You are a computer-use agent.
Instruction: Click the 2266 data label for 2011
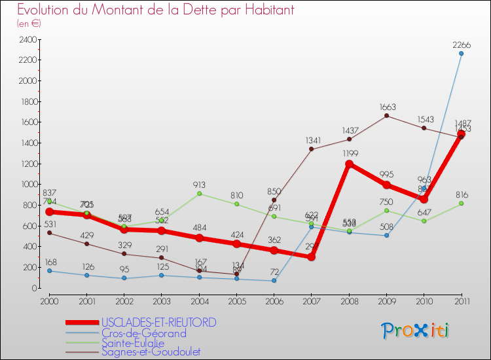pyautogui.click(x=461, y=45)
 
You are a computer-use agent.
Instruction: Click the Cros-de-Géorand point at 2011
pyautogui.click(x=461, y=54)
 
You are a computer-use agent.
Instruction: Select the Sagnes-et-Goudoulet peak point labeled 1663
pyautogui.click(x=386, y=116)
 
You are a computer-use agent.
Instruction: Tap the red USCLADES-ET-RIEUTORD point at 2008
pyautogui.click(x=349, y=164)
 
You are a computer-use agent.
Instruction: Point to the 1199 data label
pyautogui.click(x=349, y=154)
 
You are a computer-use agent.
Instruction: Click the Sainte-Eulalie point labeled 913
pyautogui.click(x=199, y=193)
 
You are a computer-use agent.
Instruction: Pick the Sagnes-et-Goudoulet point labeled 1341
pyautogui.click(x=312, y=149)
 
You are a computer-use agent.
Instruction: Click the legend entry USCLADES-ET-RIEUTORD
pyautogui.click(x=159, y=323)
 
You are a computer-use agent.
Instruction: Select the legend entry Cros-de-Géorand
pyautogui.click(x=144, y=333)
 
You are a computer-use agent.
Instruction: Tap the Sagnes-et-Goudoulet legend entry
pyautogui.click(x=151, y=352)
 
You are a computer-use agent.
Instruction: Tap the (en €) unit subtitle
pyautogui.click(x=29, y=24)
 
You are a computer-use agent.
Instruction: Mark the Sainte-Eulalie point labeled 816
pyautogui.click(x=461, y=204)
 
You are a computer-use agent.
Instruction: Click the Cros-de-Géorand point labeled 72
pyautogui.click(x=274, y=281)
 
